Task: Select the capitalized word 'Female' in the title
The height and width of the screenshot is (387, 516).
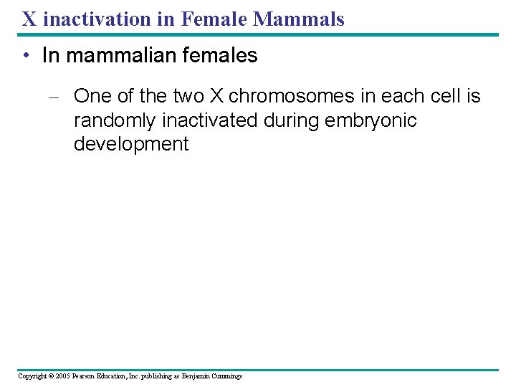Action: point(216,19)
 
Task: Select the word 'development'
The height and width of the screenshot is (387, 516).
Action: point(131,144)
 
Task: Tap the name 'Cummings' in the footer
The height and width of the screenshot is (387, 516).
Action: point(226,376)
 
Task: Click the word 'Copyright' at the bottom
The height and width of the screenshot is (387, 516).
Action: point(32,376)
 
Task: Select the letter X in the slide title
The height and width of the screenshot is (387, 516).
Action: point(29,19)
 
